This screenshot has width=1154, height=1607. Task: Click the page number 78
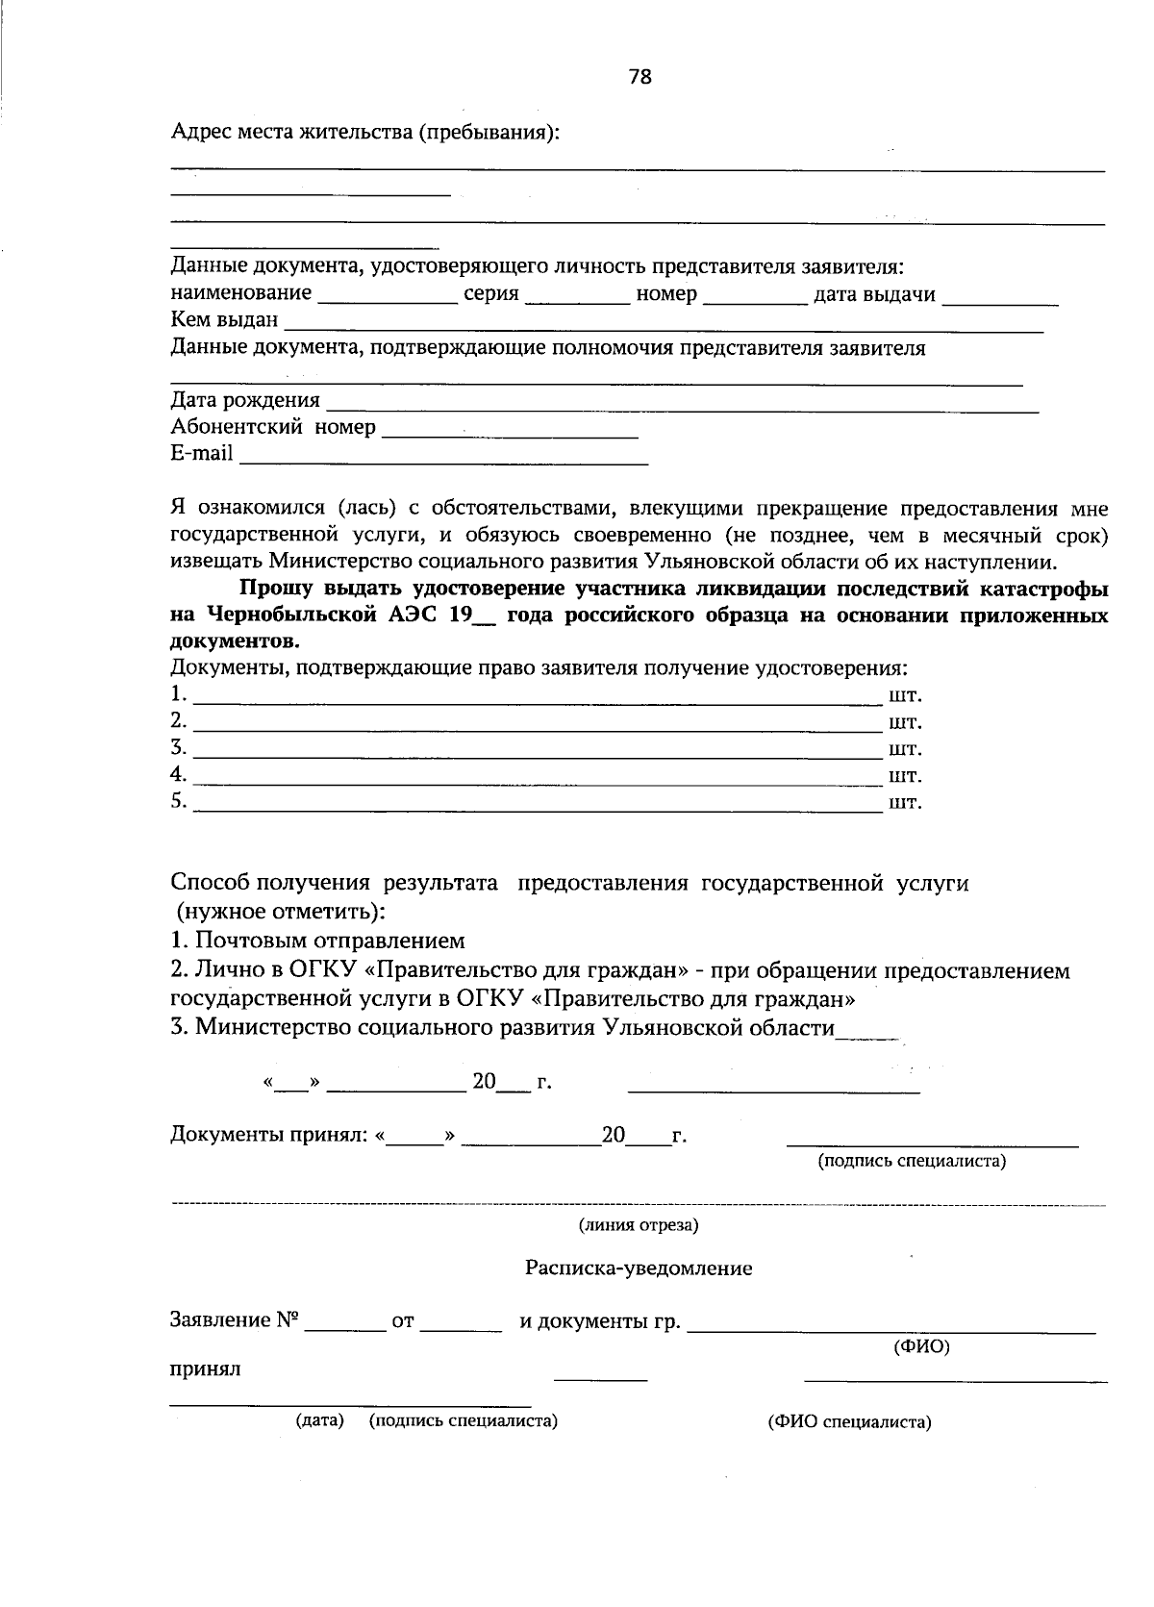click(x=640, y=77)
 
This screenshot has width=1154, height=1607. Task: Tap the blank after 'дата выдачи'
click(x=1000, y=296)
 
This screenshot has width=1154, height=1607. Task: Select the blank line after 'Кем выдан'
click(x=664, y=323)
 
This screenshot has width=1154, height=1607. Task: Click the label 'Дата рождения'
click(x=245, y=400)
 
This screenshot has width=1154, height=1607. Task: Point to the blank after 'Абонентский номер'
click(x=510, y=430)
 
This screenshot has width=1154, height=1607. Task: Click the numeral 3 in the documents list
click(x=178, y=747)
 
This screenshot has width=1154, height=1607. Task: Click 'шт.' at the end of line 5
click(x=905, y=802)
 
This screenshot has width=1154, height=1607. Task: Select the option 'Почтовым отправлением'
click(x=329, y=941)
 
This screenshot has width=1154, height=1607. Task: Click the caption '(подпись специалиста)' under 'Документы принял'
click(x=912, y=1161)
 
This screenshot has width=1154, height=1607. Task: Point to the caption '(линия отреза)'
click(x=639, y=1225)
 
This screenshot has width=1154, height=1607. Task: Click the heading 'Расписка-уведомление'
click(x=639, y=1268)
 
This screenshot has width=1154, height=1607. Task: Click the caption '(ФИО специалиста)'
click(x=849, y=1422)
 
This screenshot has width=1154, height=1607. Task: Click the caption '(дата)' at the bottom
click(x=319, y=1420)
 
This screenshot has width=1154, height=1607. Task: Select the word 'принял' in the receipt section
click(x=206, y=1368)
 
